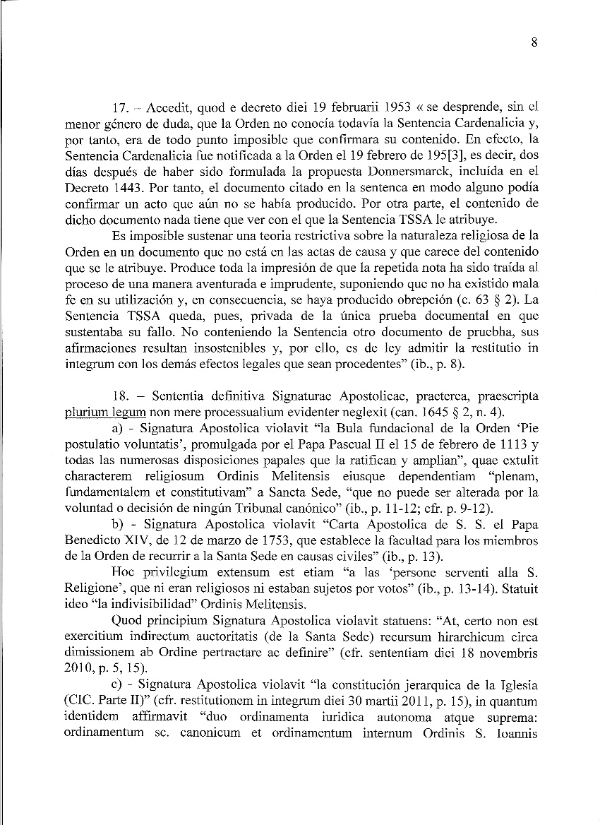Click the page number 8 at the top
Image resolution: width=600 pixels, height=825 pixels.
point(534,42)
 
